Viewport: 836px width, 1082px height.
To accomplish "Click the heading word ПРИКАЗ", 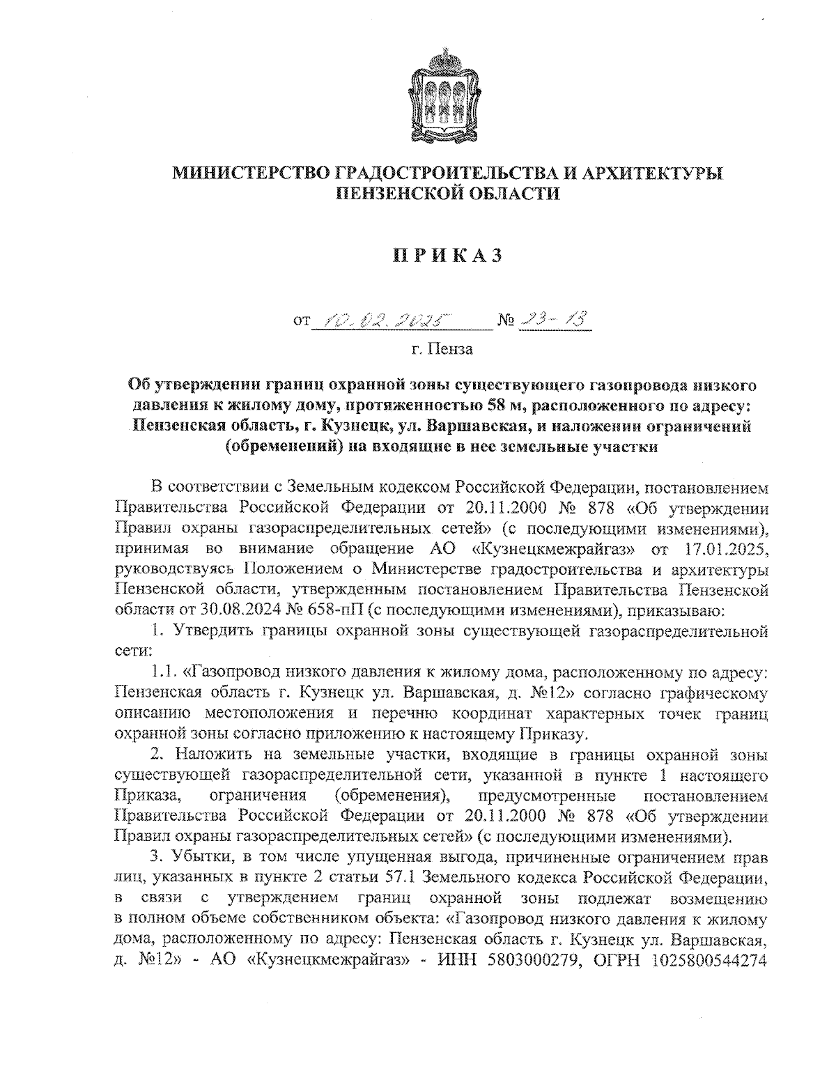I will (x=447, y=256).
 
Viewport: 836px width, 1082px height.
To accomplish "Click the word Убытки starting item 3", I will (x=200, y=856).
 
